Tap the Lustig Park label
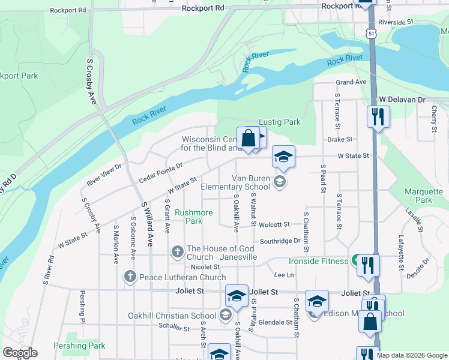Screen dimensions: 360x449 point(279,122)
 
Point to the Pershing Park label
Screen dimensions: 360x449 point(79,346)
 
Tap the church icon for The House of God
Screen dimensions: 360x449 point(178,253)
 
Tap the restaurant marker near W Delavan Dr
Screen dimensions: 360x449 point(378,116)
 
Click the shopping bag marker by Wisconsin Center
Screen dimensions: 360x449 point(248,138)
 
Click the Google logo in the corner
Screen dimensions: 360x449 point(20,353)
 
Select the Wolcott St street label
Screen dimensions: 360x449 point(275,224)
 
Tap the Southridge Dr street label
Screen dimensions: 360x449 point(280,241)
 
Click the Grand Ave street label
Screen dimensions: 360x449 point(351,82)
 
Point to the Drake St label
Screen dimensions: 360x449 point(340,139)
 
